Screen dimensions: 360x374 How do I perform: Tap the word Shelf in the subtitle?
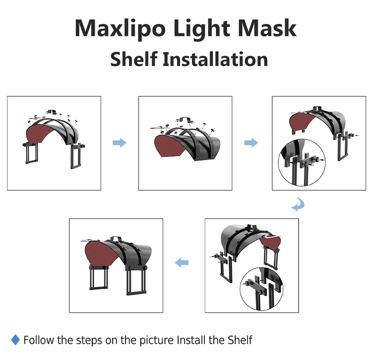(133, 59)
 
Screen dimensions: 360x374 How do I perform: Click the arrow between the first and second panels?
(119, 143)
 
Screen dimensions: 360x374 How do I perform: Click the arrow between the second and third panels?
(251, 143)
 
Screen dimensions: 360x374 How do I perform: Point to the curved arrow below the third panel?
(297, 205)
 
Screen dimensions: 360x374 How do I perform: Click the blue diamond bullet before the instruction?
(15, 341)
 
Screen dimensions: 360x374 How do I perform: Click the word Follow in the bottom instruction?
(38, 341)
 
